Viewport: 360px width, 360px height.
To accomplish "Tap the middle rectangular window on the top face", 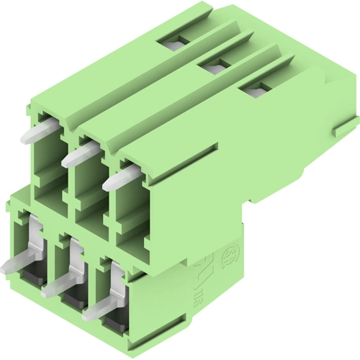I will pyautogui.click(x=212, y=68).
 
